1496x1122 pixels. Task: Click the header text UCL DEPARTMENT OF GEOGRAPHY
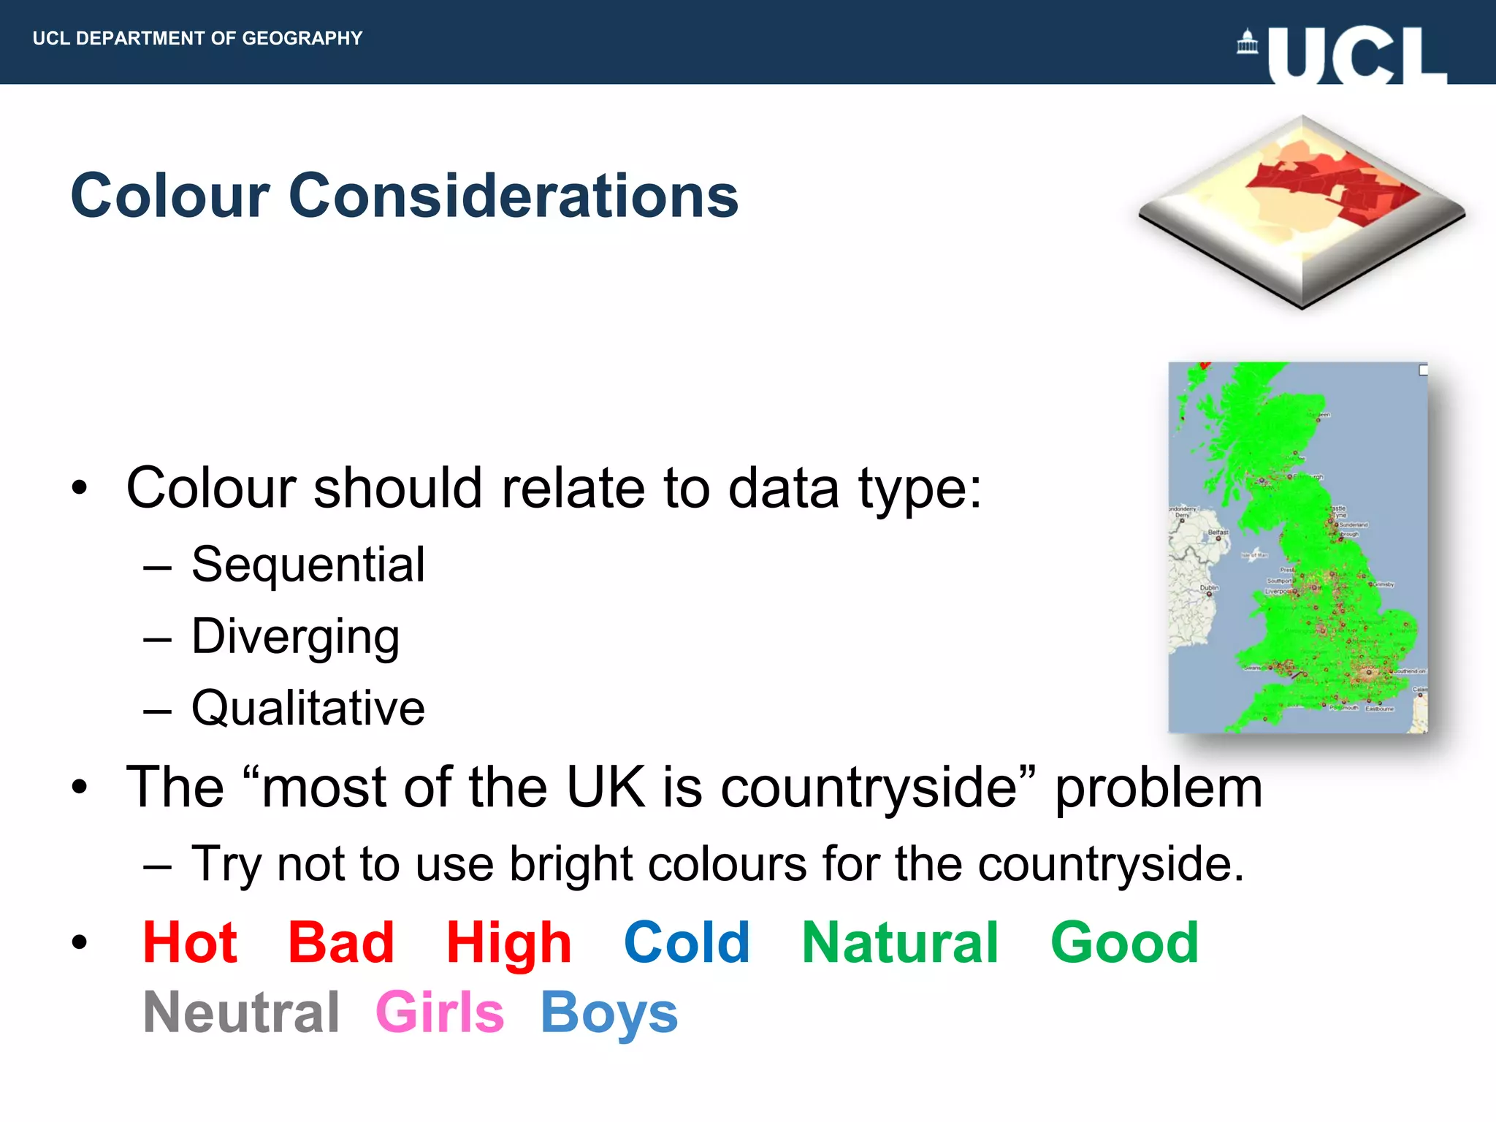197,38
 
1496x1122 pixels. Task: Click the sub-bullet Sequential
308,565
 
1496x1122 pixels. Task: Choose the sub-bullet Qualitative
308,708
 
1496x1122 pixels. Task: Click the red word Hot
190,942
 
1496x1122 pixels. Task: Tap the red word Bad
340,942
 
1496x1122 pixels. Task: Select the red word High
508,944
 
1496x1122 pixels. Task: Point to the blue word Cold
687,942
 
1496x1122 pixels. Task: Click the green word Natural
900,942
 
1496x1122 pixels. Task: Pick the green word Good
1124,942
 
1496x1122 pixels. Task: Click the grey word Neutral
241,1012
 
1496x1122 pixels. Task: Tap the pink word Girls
440,1012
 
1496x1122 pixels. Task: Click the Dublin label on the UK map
1209,587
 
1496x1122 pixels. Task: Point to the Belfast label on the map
1218,532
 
